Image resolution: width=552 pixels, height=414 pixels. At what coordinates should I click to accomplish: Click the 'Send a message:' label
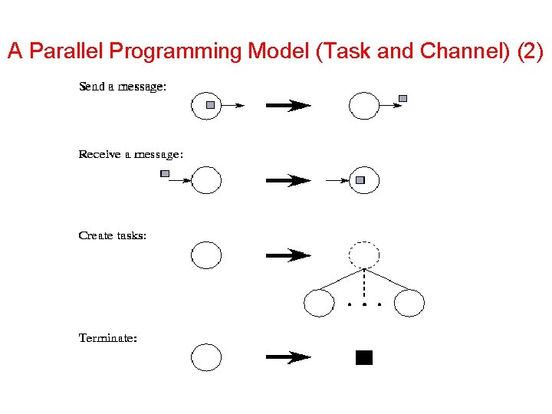[x=122, y=87]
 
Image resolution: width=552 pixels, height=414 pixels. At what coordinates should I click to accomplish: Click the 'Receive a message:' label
[x=130, y=155]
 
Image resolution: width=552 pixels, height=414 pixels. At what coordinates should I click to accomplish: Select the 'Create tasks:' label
[x=112, y=235]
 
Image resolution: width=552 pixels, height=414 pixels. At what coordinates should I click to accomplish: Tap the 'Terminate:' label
[x=108, y=337]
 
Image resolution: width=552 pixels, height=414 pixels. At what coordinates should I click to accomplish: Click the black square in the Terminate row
[x=364, y=357]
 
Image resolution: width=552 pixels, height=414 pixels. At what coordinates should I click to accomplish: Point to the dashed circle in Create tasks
[x=364, y=255]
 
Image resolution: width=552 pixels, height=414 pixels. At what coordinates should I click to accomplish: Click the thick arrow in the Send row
[x=287, y=106]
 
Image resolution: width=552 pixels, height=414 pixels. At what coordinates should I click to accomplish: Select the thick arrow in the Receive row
[x=287, y=181]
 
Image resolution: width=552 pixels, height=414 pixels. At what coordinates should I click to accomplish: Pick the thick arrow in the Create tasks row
[x=287, y=255]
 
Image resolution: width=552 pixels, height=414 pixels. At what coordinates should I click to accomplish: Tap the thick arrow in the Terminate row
[x=287, y=357]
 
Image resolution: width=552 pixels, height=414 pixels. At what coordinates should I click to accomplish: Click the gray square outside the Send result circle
[x=403, y=98]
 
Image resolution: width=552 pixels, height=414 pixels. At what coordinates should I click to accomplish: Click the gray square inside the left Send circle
[x=211, y=104]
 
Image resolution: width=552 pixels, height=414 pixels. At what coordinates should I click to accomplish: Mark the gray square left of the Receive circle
[x=165, y=174]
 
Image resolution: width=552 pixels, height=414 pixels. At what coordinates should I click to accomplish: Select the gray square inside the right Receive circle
[x=360, y=181]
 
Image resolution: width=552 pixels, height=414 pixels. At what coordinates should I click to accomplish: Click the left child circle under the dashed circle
[x=319, y=303]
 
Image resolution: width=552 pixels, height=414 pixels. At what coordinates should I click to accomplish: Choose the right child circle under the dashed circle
[x=409, y=303]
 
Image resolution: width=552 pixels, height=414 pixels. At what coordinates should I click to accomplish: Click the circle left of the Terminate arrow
[x=205, y=357]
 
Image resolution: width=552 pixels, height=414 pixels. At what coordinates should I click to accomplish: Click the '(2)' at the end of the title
[x=528, y=52]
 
